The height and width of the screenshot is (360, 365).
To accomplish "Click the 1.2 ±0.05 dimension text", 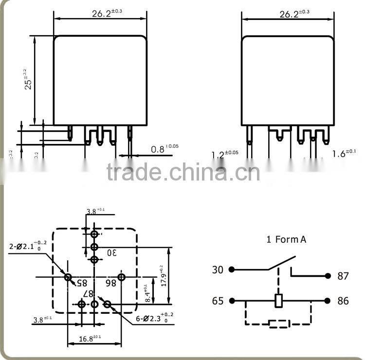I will click(224, 155).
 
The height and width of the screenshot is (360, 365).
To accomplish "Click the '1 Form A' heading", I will click(286, 239).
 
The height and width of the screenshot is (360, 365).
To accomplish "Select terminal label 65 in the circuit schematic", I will click(218, 301).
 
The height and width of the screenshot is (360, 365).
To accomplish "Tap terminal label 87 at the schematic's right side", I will click(343, 276).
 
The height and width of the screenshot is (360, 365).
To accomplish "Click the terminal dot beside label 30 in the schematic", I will click(232, 270).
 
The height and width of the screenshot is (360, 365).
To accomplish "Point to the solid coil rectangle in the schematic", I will click(279, 301).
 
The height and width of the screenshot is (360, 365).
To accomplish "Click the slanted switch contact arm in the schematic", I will click(281, 263).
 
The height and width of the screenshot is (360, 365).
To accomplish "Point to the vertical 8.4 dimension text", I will click(147, 294).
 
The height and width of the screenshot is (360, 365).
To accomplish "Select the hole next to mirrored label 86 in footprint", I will click(122, 277).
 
